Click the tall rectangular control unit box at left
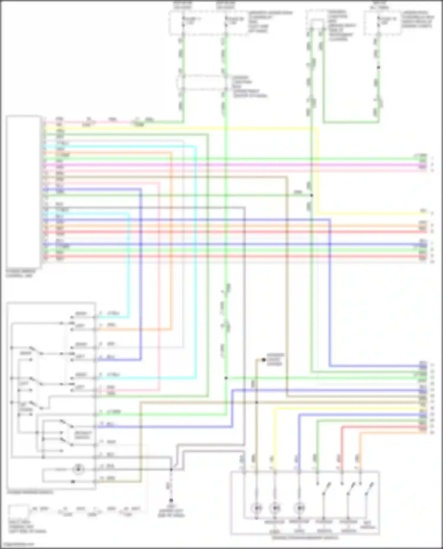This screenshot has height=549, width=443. pyautogui.click(x=24, y=191)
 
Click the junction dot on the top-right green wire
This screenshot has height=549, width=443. pyautogui.click(x=378, y=68)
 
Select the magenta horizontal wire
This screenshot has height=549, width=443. pyautogui.click(x=236, y=165)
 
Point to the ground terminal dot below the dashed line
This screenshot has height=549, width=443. pyautogui.click(x=171, y=501)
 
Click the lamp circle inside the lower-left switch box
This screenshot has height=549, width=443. pyautogui.click(x=79, y=469)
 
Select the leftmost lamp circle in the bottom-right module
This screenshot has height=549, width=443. pyautogui.click(x=257, y=508)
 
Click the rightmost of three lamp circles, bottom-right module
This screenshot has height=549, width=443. pyautogui.click(x=300, y=508)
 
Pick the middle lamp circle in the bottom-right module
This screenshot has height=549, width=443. pyautogui.click(x=276, y=508)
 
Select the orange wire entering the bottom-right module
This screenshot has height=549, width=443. pyautogui.click(x=360, y=451)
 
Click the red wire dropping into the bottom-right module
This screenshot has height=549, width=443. pyautogui.click(x=342, y=448)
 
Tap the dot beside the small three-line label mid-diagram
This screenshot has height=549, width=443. pyautogui.click(x=264, y=360)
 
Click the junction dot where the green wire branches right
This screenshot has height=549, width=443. pyautogui.click(x=226, y=378)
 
